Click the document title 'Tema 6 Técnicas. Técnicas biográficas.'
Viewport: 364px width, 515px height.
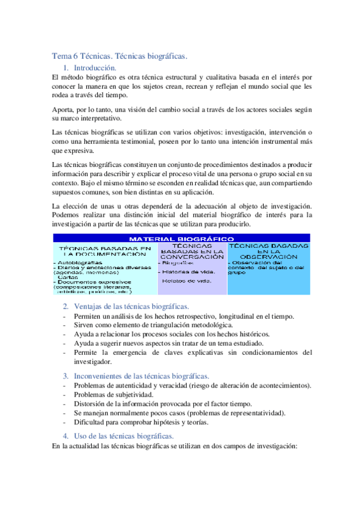click(x=120, y=56)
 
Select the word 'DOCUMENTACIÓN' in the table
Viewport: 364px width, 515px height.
click(x=104, y=254)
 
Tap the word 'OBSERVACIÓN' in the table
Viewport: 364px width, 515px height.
click(x=268, y=257)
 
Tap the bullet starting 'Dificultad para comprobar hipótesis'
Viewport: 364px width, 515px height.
click(x=141, y=423)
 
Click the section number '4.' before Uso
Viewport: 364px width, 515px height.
click(x=66, y=436)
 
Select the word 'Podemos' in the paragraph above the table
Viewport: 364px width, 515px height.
click(x=66, y=214)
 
